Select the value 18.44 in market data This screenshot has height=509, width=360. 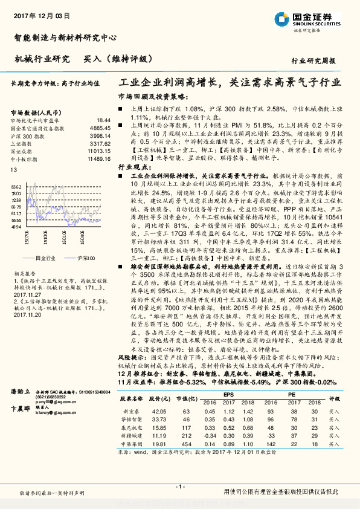(104, 120)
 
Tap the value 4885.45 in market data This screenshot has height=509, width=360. (100, 128)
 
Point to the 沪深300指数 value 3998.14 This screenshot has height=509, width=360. (100, 136)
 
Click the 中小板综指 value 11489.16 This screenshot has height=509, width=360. (98, 158)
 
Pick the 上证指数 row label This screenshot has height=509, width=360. (22, 143)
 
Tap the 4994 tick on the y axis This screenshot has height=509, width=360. (16, 227)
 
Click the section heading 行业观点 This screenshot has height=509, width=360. (133, 166)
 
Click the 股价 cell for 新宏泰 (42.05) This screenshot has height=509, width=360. (158, 410)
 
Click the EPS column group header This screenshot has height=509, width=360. (229, 395)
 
